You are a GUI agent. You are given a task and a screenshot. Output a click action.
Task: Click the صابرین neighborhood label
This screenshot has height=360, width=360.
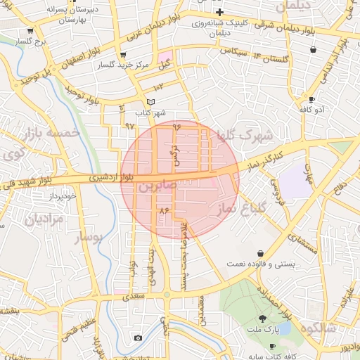(x=148, y=188)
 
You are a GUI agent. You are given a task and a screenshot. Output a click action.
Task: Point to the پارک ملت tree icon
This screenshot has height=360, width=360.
(x=263, y=319)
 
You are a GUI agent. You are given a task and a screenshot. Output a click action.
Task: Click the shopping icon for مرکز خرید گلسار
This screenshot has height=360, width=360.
(x=124, y=55)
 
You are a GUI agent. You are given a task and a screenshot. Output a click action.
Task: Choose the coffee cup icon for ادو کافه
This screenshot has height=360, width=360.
(x=311, y=99)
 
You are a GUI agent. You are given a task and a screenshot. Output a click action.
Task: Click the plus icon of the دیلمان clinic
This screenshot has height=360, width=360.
(x=220, y=12)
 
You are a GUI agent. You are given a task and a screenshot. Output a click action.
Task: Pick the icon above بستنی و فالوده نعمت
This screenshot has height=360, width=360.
(x=260, y=253)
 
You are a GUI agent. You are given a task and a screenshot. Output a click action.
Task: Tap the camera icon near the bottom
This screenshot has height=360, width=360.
(x=138, y=338)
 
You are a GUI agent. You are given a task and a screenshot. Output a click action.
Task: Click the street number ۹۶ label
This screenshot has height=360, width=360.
(x=176, y=126)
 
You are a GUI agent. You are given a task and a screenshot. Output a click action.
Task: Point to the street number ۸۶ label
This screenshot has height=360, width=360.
(x=165, y=210)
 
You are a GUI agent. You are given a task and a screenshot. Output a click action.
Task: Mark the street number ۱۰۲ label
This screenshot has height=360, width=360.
(x=157, y=88)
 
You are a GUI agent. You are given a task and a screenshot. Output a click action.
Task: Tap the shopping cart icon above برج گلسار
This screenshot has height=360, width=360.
(x=30, y=32)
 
